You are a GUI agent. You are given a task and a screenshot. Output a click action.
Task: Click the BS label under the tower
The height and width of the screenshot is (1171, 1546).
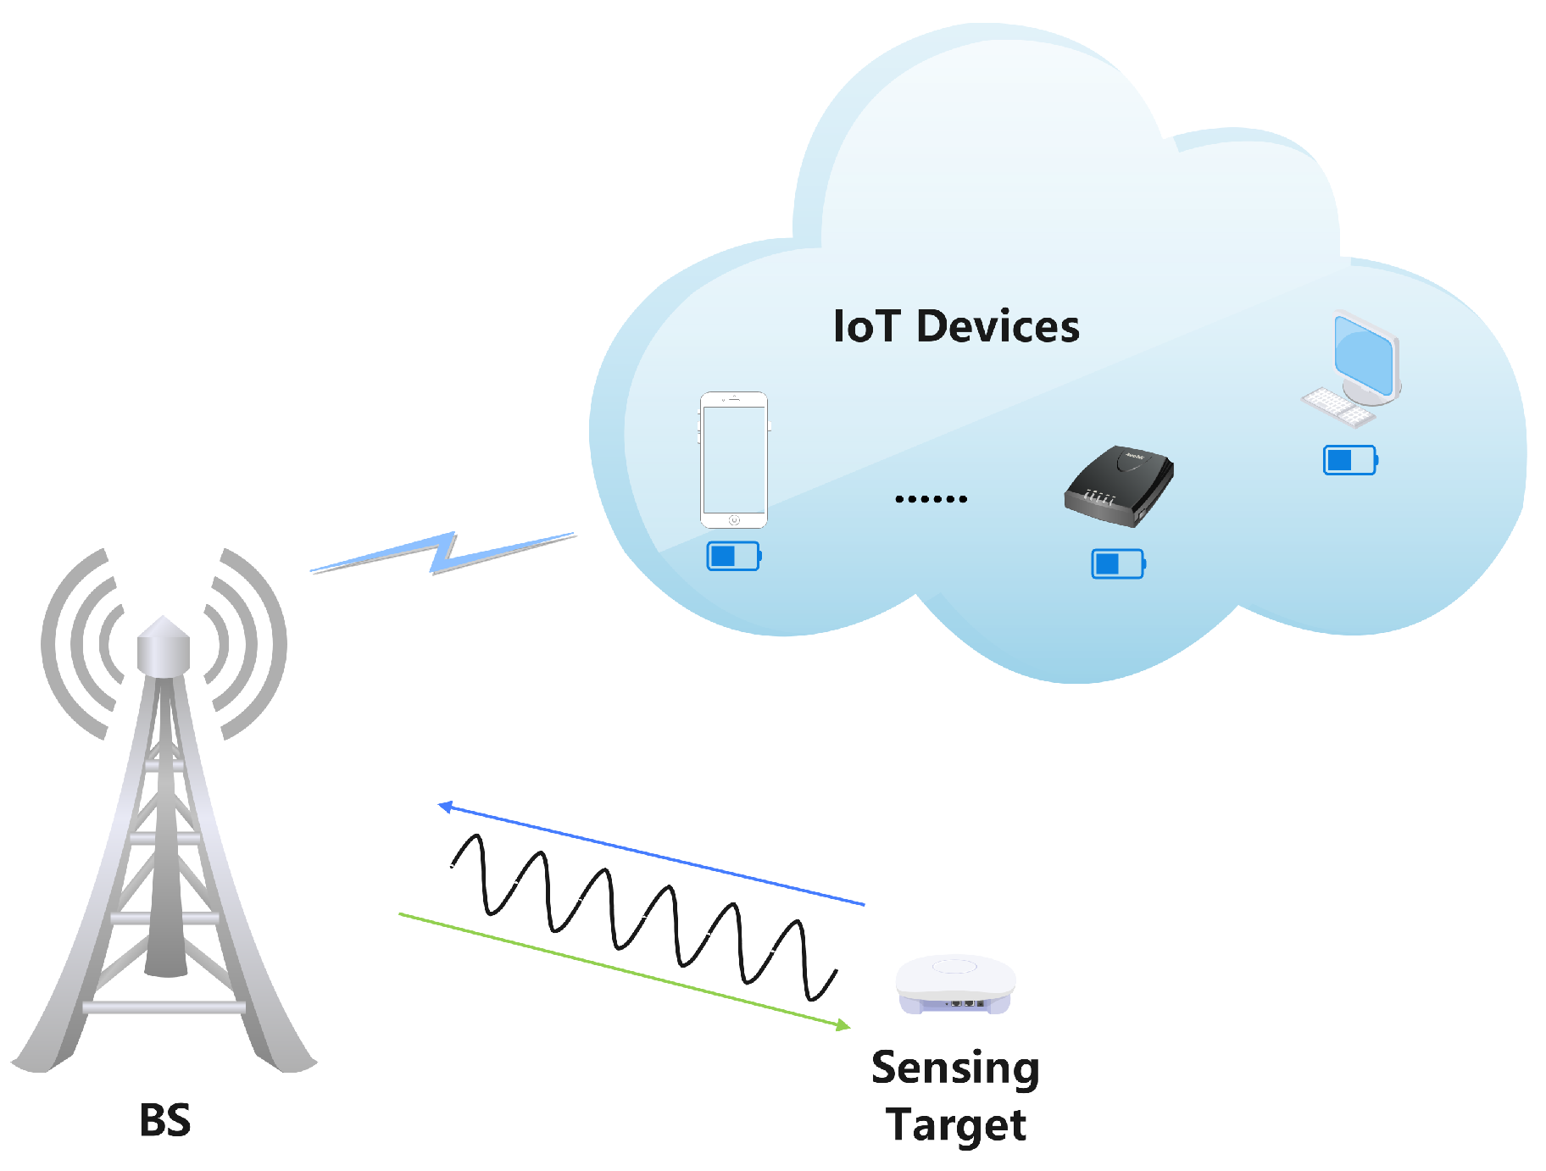(165, 1120)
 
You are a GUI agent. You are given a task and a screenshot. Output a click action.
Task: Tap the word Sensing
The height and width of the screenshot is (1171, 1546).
(955, 1068)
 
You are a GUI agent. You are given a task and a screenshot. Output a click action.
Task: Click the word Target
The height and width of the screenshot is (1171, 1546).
(956, 1125)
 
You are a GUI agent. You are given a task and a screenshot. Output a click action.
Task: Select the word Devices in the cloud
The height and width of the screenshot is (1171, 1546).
(998, 326)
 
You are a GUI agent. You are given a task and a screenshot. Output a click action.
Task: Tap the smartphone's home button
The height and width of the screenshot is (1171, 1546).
(734, 519)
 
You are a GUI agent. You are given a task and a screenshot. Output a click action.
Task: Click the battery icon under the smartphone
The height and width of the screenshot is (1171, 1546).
(733, 556)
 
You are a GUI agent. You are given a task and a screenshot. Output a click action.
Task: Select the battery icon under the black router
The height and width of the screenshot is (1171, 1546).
(1117, 563)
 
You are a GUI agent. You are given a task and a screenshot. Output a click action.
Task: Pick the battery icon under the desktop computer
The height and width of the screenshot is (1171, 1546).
(1349, 460)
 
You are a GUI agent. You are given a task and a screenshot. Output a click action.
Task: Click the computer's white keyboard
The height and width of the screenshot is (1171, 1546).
(1337, 407)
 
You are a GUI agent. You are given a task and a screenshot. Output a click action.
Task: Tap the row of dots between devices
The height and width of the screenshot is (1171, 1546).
(931, 499)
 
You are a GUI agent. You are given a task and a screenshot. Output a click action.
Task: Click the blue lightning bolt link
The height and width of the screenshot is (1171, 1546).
(443, 553)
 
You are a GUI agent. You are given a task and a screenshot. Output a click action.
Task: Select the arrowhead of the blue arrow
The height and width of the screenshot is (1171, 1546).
(444, 807)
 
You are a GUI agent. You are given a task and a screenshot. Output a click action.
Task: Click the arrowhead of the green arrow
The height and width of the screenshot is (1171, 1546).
(843, 1025)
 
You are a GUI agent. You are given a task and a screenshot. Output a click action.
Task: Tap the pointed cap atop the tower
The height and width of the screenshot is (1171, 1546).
(164, 628)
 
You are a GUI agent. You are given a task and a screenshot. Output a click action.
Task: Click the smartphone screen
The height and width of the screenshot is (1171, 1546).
(734, 458)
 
